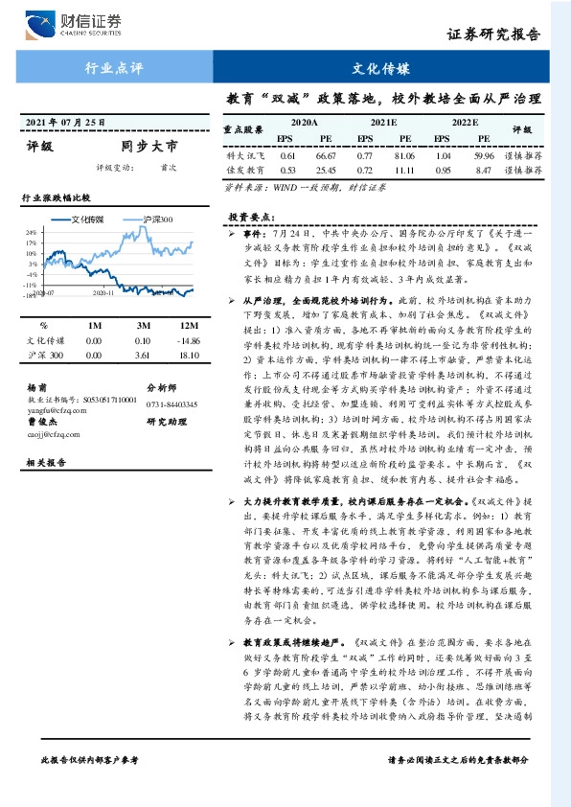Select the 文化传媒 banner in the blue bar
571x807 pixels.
coord(380,69)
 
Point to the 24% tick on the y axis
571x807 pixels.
coord(31,232)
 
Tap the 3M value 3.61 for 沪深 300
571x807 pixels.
coord(143,356)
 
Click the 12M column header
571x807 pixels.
coord(189,324)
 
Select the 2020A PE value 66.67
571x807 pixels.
coord(326,154)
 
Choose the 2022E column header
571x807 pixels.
coord(464,124)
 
